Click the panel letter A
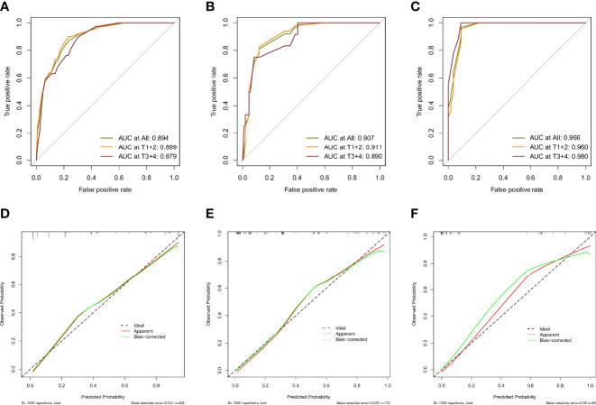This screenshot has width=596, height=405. point(6,7)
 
